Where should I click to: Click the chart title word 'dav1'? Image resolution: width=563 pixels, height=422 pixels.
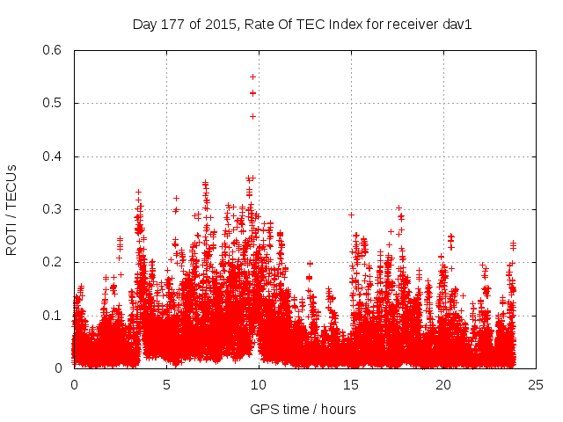(457, 25)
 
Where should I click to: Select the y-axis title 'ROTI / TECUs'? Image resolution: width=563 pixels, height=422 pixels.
(11, 209)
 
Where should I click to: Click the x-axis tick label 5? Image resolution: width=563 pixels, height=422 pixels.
(166, 384)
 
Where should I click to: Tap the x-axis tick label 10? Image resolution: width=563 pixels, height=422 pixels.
(259, 384)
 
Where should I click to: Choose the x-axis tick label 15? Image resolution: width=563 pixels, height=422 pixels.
(351, 384)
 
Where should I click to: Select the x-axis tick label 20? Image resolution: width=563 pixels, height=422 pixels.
(443, 384)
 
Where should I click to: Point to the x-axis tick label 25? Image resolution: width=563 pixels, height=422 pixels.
(536, 384)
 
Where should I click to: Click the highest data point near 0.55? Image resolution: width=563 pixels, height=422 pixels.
(253, 76)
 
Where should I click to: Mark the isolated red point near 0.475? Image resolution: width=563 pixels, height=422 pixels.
(252, 116)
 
